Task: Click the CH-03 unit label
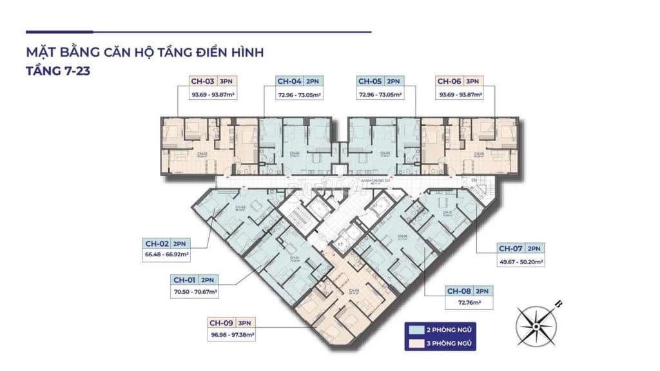[x=202, y=81]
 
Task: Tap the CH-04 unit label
[x=289, y=81]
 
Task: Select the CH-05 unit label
[x=370, y=81]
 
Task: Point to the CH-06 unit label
[x=450, y=81]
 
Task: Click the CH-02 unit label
[x=157, y=243]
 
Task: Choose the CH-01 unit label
[x=185, y=280]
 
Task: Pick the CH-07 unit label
[x=511, y=249]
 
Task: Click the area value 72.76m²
[x=471, y=302]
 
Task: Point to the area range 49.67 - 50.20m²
[x=521, y=262]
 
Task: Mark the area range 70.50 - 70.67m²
[x=195, y=292]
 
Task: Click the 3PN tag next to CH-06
[x=472, y=81]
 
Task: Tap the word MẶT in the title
[x=41, y=53]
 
